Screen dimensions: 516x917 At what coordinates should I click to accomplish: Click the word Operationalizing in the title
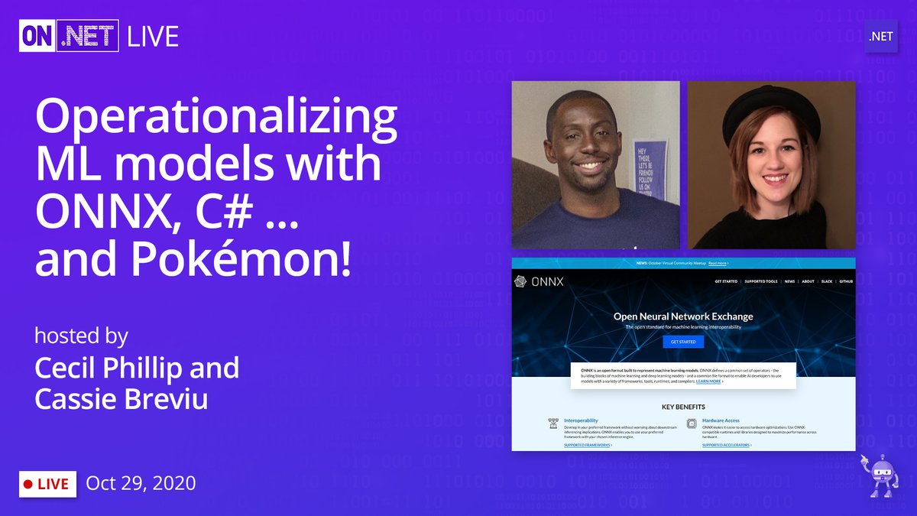point(216,121)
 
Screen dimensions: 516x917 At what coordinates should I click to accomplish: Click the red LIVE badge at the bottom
point(47,484)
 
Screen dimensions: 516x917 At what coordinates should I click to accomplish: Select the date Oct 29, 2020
point(141,483)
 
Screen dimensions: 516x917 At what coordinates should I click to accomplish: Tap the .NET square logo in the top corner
point(881,37)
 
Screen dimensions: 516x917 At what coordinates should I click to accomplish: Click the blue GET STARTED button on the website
point(682,342)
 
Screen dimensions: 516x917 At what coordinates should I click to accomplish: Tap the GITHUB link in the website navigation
point(845,281)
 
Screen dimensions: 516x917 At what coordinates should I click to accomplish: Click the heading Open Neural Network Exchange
point(683,316)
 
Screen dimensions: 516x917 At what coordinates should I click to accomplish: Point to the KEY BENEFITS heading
point(683,407)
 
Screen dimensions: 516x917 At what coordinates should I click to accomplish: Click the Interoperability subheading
point(581,420)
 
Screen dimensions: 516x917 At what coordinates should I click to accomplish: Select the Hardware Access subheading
point(721,420)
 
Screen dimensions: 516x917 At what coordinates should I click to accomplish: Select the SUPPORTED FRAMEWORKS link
point(587,444)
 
